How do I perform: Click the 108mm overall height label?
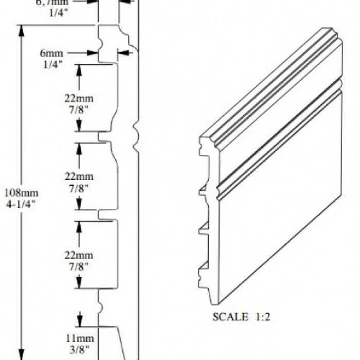point(21,193)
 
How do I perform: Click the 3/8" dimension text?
point(79,349)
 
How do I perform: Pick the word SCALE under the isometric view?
point(230,316)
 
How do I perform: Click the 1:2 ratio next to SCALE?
point(261,316)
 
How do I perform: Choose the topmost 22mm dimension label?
point(79,97)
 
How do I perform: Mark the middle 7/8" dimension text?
point(79,188)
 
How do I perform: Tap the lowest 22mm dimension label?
point(79,256)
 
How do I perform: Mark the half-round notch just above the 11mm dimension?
point(101,307)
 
